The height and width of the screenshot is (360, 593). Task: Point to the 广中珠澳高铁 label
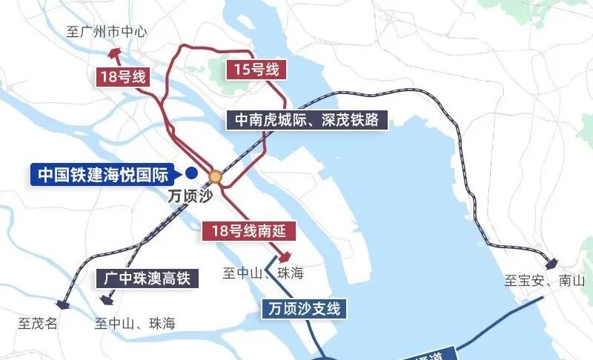[145, 279]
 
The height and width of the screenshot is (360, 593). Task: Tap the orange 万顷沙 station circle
[216, 177]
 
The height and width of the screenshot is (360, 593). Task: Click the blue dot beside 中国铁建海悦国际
[191, 174]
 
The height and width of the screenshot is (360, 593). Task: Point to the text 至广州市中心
[107, 32]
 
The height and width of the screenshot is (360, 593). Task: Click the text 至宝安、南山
[545, 281]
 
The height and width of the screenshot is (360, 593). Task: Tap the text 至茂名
[38, 323]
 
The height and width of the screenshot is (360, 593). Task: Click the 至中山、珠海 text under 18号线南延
[263, 273]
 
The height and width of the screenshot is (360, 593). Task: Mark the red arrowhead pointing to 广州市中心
[114, 53]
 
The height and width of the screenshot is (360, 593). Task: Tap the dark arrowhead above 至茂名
[62, 301]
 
